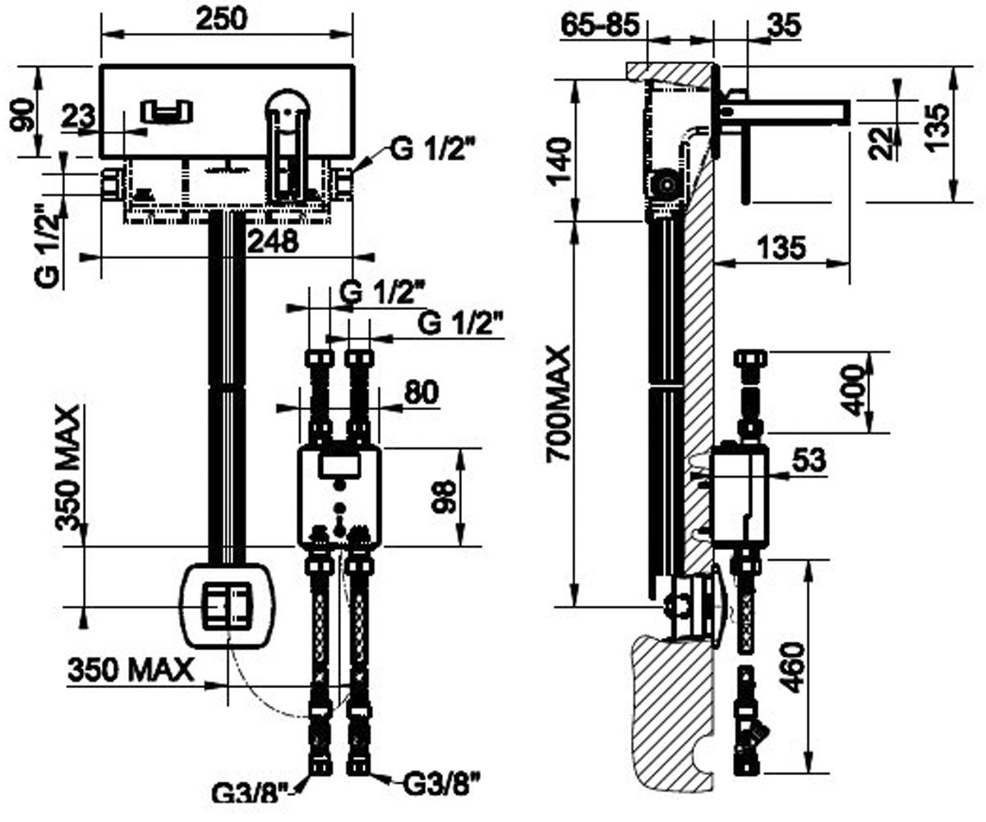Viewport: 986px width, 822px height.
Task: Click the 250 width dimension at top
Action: coord(221,19)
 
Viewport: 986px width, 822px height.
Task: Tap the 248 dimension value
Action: coord(273,241)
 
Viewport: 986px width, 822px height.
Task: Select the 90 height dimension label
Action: coord(23,116)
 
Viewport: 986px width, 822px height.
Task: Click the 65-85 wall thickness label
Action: coord(600,24)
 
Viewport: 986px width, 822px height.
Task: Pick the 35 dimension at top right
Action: coord(785,25)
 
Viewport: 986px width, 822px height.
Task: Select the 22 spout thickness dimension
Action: coord(882,143)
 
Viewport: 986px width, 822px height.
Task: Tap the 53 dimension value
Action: coord(809,459)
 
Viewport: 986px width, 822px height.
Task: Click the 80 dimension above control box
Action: coord(422,391)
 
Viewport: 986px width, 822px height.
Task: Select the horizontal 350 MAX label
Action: coord(131,669)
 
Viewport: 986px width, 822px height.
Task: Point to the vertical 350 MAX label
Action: coord(67,469)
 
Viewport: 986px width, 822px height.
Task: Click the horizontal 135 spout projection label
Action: coord(781,247)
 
